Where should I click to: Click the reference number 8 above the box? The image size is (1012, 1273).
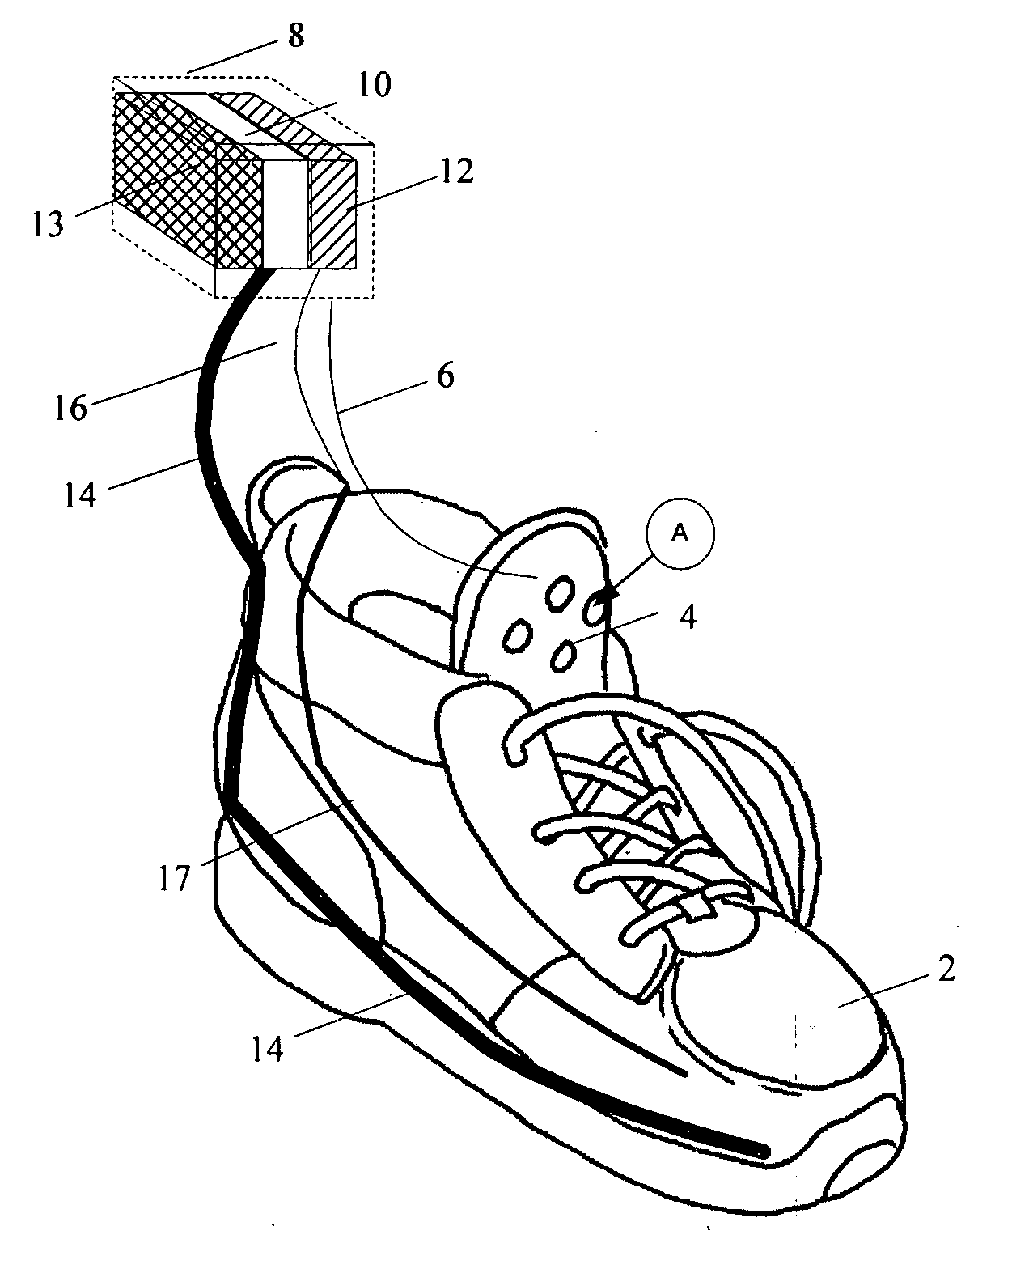click(296, 36)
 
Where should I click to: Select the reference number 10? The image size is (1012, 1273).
click(374, 85)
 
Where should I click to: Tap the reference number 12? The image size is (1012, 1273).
click(455, 172)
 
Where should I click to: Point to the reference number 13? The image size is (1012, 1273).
click(48, 225)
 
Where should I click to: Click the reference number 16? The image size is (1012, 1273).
click(71, 408)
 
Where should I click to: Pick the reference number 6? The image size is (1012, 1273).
click(445, 376)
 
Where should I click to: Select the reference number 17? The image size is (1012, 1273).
click(174, 878)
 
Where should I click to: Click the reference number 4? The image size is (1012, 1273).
click(688, 617)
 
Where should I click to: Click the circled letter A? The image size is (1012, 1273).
click(680, 534)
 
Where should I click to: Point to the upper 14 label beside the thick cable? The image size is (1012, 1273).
click(79, 495)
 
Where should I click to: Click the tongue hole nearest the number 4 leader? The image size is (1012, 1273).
click(562, 656)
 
